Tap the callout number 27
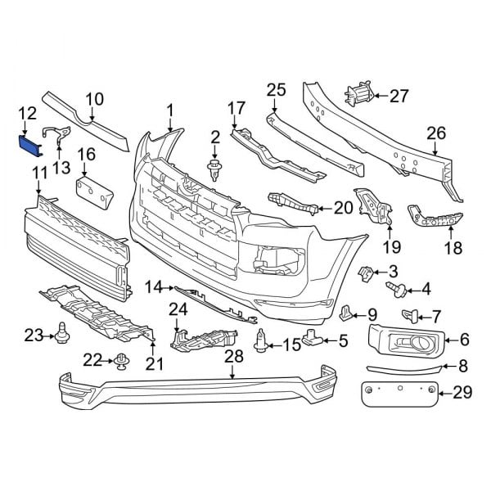(x=398, y=96)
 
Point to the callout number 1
(x=170, y=109)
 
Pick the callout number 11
(x=38, y=172)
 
